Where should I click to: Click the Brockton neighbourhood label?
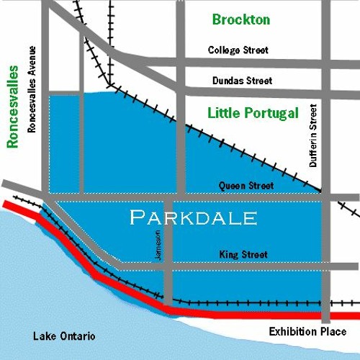pos(241,19)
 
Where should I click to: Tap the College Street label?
pos(238,50)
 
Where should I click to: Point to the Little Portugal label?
pos(253,113)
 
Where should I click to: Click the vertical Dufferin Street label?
pos(313,136)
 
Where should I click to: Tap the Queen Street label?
pos(246,186)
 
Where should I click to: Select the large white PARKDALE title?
pos(193,217)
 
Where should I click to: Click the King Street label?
pos(243,254)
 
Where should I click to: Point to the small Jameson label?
pos(159,251)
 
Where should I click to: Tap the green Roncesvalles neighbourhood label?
pos(12,107)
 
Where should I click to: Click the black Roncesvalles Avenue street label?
pos(31,91)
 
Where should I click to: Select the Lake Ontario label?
pos(65,336)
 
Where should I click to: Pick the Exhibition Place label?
pos(307,332)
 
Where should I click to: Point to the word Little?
pos(224,113)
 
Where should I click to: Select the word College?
pos(223,50)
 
